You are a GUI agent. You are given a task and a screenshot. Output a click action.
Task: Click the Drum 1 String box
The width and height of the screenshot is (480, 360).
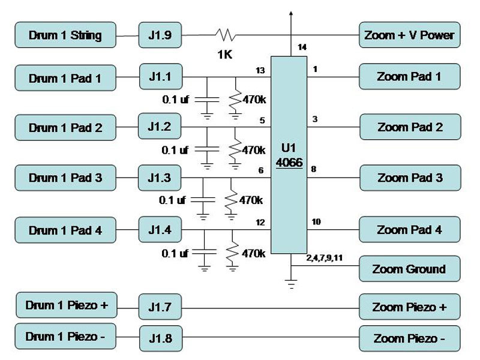click(65, 35)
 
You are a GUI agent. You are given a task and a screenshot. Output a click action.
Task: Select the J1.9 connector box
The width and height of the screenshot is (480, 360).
click(160, 35)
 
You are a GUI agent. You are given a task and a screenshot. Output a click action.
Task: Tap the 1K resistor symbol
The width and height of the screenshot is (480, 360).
click(226, 35)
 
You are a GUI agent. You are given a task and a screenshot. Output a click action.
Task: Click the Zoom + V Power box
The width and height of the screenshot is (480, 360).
click(410, 35)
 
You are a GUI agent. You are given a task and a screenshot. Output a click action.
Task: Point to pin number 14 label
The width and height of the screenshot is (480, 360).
click(302, 47)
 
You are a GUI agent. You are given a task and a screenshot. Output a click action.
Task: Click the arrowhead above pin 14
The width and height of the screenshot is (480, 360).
click(291, 14)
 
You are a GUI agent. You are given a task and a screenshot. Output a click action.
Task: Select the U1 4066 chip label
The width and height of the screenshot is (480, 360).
click(289, 155)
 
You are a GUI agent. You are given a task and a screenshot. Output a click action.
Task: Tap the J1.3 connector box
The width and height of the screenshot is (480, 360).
click(160, 178)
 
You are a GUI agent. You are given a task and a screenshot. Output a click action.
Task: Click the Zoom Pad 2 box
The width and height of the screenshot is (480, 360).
click(410, 127)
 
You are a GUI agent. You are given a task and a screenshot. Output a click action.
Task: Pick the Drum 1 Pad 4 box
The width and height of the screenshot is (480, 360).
click(65, 230)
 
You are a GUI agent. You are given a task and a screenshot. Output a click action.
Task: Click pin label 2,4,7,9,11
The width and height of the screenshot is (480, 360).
click(324, 258)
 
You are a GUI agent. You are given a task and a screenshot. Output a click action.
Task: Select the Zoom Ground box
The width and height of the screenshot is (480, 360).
click(410, 269)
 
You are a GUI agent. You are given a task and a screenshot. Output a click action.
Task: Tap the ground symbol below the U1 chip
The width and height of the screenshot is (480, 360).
click(291, 284)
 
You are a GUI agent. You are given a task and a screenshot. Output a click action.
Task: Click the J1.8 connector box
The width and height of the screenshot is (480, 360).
click(161, 338)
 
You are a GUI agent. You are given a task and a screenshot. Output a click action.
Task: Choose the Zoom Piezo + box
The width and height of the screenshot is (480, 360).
click(410, 307)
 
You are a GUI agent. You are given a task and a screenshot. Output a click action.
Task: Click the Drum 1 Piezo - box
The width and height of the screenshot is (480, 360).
click(65, 337)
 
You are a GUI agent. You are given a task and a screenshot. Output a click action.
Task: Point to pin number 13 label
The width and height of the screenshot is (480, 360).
click(260, 71)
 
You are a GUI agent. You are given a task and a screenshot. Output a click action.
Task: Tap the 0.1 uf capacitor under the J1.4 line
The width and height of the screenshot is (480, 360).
click(205, 252)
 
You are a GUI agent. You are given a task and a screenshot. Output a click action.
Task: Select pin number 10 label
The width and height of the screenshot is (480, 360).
click(316, 221)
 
